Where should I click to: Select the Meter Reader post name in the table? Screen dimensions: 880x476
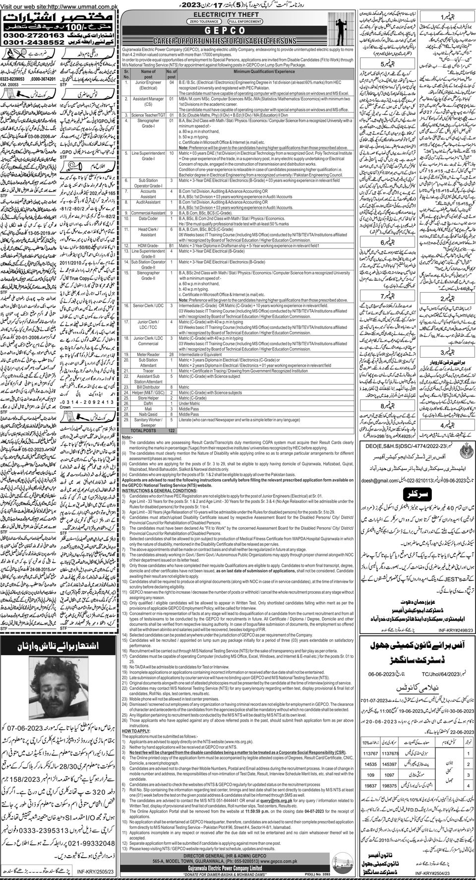pos(148,355)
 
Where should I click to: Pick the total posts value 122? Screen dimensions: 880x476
pos(172,431)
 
